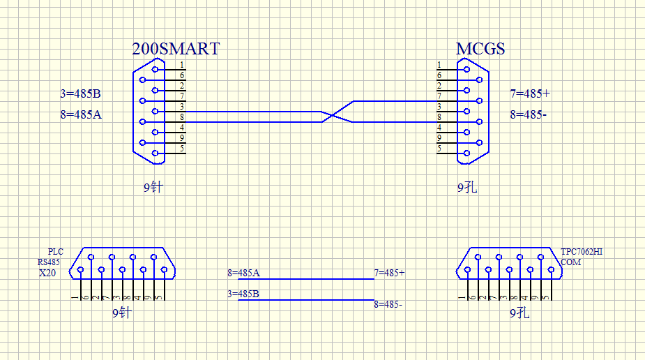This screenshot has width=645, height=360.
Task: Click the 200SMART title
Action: pyautogui.click(x=176, y=49)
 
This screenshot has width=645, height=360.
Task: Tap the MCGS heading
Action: pyautogui.click(x=480, y=49)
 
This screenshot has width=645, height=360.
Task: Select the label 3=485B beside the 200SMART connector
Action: pyautogui.click(x=81, y=93)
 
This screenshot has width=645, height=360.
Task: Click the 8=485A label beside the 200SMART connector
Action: pyautogui.click(x=81, y=114)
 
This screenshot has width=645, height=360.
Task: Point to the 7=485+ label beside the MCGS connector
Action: pyautogui.click(x=530, y=93)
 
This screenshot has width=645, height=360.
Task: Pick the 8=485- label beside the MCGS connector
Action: pyautogui.click(x=528, y=114)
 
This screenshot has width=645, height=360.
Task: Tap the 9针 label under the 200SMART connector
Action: pyautogui.click(x=152, y=187)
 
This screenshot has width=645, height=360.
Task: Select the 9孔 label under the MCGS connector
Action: pyautogui.click(x=467, y=187)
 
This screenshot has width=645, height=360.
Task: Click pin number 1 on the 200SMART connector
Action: pyautogui.click(x=182, y=65)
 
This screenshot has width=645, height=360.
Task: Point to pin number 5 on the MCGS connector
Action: pyautogui.click(x=439, y=149)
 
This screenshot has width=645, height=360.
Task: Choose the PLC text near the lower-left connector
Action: pyautogui.click(x=55, y=252)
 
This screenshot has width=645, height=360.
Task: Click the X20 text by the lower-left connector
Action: pyautogui.click(x=47, y=273)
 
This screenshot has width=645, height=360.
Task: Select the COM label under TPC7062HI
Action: pyautogui.click(x=570, y=262)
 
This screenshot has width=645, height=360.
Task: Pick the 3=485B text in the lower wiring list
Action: pyautogui.click(x=243, y=294)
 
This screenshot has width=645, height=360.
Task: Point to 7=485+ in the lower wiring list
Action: pyautogui.click(x=390, y=273)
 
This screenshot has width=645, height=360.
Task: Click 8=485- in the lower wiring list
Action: pyautogui.click(x=388, y=304)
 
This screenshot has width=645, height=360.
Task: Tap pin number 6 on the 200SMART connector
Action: pyautogui.click(x=182, y=75)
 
